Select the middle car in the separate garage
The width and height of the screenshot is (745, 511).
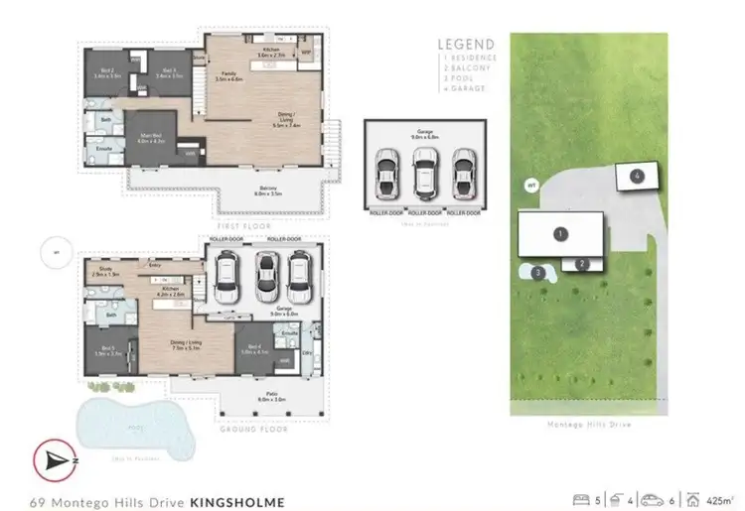pyautogui.click(x=424, y=172)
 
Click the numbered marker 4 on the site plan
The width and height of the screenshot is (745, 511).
pyautogui.click(x=636, y=177)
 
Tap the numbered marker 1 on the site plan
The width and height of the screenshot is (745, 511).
pyautogui.click(x=561, y=234)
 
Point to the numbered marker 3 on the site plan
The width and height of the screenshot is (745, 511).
pyautogui.click(x=537, y=272)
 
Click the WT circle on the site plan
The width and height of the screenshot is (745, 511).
pyautogui.click(x=531, y=185)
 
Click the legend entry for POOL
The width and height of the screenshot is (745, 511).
pyautogui.click(x=459, y=77)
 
